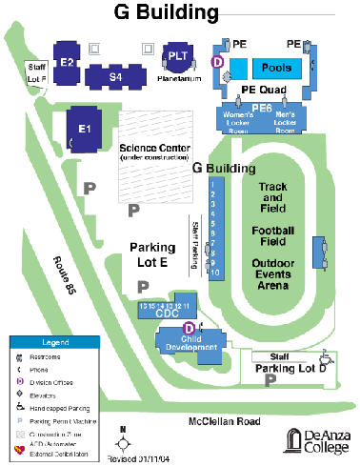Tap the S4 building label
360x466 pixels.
pos(115,75)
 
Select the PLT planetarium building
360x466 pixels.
pos(177,55)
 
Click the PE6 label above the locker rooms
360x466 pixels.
pos(263,109)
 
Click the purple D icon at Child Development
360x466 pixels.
pos(162,330)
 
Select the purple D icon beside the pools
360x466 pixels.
pos(217,61)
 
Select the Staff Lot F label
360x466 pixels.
pos(37,71)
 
